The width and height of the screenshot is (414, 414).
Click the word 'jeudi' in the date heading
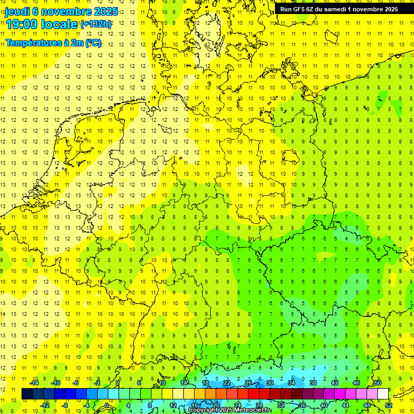tap(17, 11)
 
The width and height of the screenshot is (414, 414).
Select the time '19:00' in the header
tap(21, 24)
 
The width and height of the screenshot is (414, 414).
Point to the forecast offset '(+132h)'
tap(96, 24)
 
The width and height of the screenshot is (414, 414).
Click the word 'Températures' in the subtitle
tap(31, 43)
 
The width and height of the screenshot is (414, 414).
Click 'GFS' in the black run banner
tap(299, 9)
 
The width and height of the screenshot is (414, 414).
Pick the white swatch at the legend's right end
tap(383, 394)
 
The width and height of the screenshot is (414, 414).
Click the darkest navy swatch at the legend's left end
tap(27, 394)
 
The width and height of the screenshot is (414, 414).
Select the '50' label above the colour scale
tap(378, 383)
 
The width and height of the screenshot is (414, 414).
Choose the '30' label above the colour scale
tap(270, 383)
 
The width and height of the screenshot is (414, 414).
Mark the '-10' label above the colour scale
tap(56, 383)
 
